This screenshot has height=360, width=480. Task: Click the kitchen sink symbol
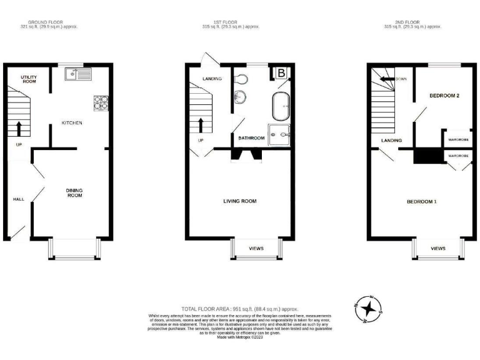tap(80, 75)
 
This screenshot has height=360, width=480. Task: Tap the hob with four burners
tap(101, 102)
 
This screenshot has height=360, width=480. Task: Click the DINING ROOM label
tap(74, 192)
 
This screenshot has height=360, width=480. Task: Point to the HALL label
tap(19, 199)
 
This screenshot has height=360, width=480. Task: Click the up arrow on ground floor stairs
tap(18, 129)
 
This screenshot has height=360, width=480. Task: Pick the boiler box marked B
tap(281, 74)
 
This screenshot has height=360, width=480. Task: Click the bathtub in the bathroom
tap(281, 106)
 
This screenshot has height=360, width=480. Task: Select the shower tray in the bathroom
tap(279, 134)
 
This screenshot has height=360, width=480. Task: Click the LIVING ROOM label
tap(240, 201)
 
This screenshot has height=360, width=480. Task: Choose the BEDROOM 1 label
tap(422, 201)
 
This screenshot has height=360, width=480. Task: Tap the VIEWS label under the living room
tap(256, 248)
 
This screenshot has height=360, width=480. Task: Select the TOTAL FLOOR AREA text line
tap(239, 309)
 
